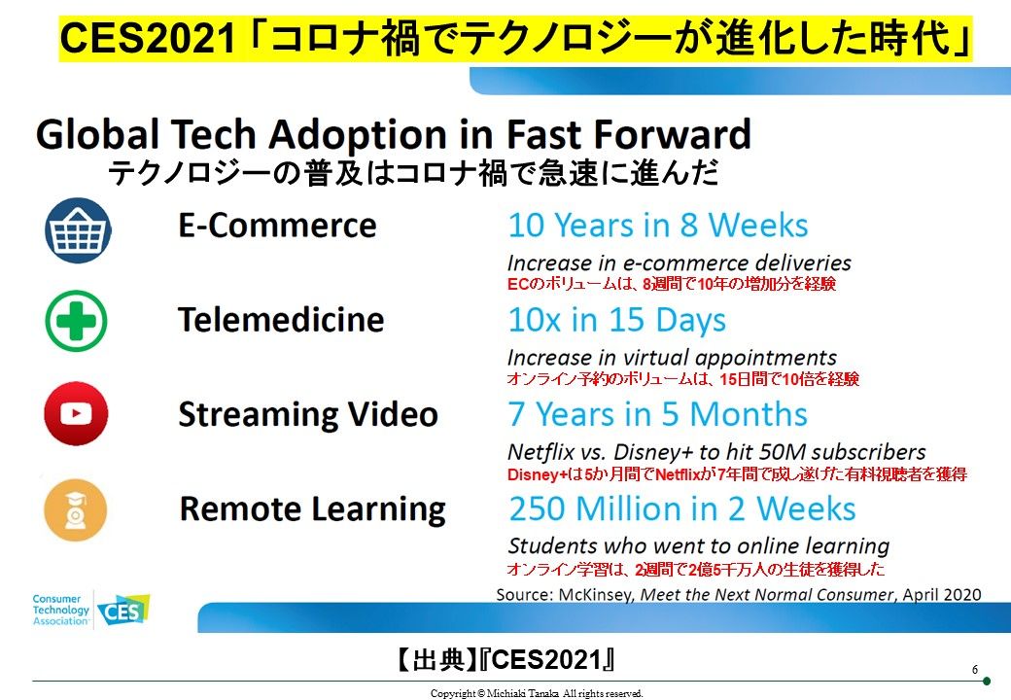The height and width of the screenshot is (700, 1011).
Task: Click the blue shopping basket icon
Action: click(x=78, y=230)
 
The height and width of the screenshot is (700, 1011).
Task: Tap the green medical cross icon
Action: click(x=76, y=321)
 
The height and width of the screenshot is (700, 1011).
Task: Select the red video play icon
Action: click(x=76, y=413)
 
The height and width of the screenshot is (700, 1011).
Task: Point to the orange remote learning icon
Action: click(x=76, y=509)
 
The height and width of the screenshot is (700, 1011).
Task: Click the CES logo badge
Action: click(x=123, y=610)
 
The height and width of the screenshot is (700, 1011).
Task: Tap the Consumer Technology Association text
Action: click(x=60, y=610)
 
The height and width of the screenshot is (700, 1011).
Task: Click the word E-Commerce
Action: click(x=277, y=226)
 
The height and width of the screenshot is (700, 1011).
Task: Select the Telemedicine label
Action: click(x=281, y=320)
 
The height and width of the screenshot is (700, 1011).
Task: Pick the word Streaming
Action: click(x=258, y=415)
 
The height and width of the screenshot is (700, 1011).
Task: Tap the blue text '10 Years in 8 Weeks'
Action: click(x=658, y=226)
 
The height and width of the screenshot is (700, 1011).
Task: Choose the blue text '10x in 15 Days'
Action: click(x=617, y=321)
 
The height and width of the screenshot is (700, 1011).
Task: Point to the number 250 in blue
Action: click(x=538, y=508)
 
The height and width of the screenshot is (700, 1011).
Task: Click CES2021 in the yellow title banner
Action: click(x=148, y=39)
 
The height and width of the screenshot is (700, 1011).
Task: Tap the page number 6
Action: click(x=975, y=670)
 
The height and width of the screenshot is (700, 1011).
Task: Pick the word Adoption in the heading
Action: click(x=359, y=135)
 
